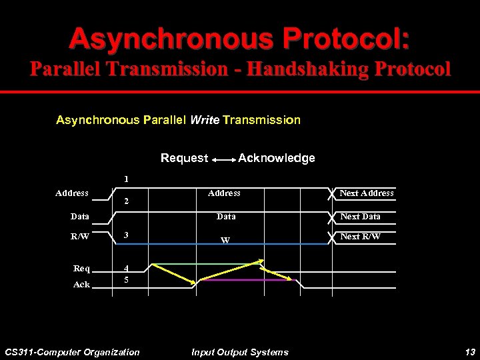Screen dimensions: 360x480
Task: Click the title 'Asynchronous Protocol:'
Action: (x=239, y=39)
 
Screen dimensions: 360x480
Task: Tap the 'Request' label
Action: (x=184, y=158)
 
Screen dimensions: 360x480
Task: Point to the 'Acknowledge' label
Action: (x=277, y=158)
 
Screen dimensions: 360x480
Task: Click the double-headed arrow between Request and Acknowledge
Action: (x=223, y=159)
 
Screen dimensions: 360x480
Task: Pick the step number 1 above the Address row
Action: (x=126, y=179)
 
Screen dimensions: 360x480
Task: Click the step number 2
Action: (x=126, y=201)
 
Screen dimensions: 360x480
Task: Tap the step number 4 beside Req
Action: (x=126, y=269)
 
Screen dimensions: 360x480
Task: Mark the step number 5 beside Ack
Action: (x=126, y=281)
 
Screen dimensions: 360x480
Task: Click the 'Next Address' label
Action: (x=366, y=193)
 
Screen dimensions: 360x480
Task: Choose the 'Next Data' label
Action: (x=360, y=217)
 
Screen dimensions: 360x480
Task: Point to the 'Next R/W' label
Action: (x=360, y=237)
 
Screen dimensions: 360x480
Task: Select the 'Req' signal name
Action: (x=81, y=269)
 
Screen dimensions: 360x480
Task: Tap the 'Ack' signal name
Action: (x=81, y=285)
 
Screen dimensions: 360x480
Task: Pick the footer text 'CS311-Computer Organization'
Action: (x=72, y=352)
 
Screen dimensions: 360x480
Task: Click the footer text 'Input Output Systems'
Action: (x=240, y=352)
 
